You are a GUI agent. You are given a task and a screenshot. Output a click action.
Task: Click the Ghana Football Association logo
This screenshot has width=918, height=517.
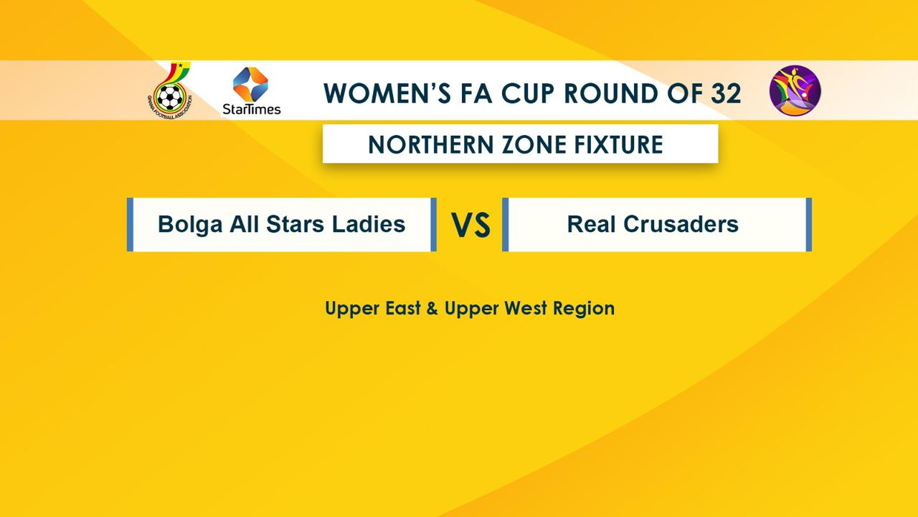[170, 90]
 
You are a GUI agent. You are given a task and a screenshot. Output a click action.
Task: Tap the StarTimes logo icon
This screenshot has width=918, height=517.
[250, 84]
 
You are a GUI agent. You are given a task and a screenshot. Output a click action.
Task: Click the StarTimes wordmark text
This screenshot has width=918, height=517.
[252, 109]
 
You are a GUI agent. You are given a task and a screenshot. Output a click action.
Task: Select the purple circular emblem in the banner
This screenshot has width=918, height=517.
[795, 90]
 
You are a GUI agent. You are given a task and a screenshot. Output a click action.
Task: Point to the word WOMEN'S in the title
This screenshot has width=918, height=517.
[387, 93]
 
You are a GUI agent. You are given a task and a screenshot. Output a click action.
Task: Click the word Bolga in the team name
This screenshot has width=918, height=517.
[190, 225]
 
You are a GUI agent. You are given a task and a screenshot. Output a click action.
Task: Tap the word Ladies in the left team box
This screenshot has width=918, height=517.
[369, 224]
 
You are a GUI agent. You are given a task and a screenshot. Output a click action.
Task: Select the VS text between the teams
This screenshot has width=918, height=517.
[470, 225]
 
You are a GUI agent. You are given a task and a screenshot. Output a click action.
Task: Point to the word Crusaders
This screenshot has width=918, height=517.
[681, 224]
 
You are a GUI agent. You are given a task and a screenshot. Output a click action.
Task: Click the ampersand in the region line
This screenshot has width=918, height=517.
[432, 309]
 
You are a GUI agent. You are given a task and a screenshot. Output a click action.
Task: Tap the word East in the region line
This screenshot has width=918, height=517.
[403, 308]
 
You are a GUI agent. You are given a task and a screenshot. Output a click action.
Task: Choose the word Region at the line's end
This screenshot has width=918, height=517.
[584, 309]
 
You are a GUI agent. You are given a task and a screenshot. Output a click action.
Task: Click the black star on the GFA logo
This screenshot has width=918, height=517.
[180, 65]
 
